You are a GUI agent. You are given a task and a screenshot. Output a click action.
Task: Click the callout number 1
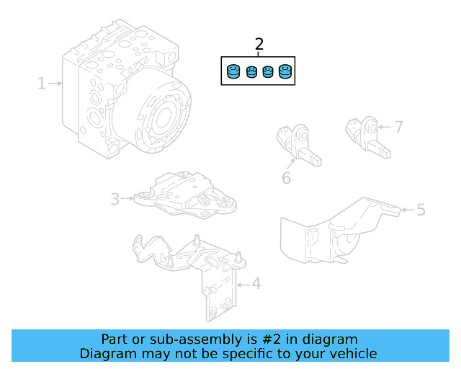click(x=42, y=84)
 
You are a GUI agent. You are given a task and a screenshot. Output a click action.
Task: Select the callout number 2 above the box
click(x=259, y=45)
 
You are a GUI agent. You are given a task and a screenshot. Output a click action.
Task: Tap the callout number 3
click(x=115, y=198)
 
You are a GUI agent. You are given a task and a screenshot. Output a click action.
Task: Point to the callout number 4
click(x=256, y=284)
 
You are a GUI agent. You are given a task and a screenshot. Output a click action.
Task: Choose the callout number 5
click(x=421, y=210)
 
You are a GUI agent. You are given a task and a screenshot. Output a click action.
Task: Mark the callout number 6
click(x=286, y=177)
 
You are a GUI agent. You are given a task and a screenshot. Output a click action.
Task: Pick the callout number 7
click(x=398, y=128)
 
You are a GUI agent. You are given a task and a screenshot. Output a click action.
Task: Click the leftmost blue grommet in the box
click(x=233, y=72)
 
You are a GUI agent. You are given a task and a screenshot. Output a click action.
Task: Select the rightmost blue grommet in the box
click(x=285, y=72)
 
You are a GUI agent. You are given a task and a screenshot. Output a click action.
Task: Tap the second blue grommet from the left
click(x=251, y=73)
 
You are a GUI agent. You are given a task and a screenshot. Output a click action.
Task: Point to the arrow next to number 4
click(x=241, y=284)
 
